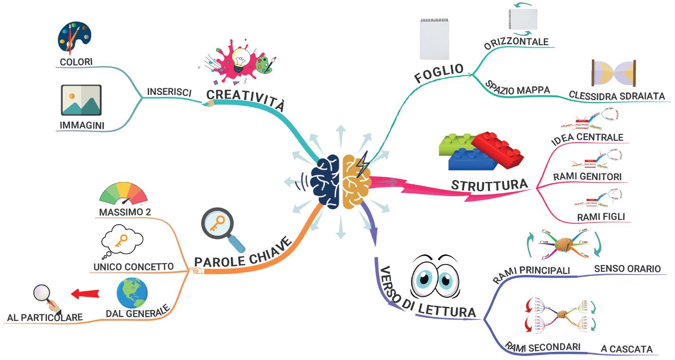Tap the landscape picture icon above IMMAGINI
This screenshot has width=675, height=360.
(x=81, y=100)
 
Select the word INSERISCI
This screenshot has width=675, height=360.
(x=169, y=92)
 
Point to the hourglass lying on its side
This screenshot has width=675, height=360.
(x=613, y=73)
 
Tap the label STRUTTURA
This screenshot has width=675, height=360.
(x=489, y=185)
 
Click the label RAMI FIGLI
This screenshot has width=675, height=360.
(x=601, y=217)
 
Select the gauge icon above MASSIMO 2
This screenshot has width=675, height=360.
(x=124, y=194)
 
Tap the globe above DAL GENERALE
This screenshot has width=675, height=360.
(x=132, y=293)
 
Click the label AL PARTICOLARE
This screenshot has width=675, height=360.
(x=45, y=317)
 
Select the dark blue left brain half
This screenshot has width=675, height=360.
(x=326, y=182)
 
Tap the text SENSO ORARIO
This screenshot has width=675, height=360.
(x=627, y=269)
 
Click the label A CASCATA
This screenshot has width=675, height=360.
(x=627, y=349)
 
